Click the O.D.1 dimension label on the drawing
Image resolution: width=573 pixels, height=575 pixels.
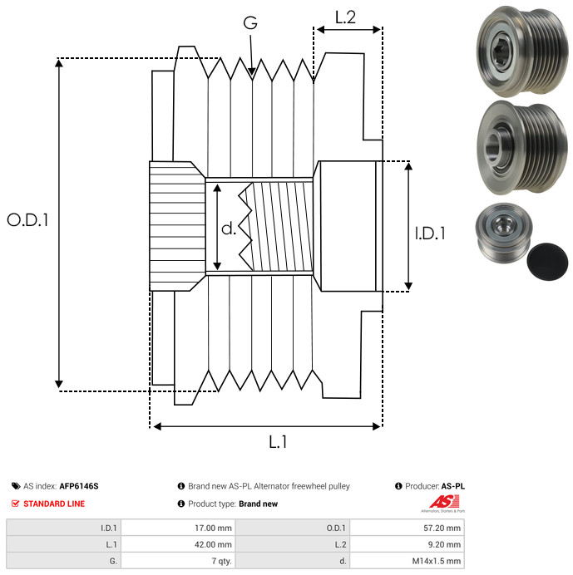tap(27, 220)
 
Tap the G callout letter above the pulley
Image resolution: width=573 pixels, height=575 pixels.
tap(250, 22)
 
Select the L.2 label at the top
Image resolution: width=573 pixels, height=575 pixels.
tap(345, 17)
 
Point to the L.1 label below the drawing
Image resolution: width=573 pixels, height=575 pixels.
tap(278, 442)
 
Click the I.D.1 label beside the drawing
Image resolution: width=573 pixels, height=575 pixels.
tap(430, 233)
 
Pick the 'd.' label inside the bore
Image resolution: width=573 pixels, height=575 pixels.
tap(229, 229)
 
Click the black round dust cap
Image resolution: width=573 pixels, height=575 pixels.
tap(547, 262)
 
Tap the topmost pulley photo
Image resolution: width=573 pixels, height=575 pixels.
tap(522, 51)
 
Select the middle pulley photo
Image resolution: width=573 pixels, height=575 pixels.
tap(522, 147)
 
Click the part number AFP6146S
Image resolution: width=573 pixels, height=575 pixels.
tap(79, 486)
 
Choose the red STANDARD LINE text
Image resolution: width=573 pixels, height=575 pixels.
tap(54, 504)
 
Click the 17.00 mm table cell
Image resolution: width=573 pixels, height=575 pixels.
tap(179, 528)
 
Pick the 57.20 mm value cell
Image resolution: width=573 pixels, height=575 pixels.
tap(407, 528)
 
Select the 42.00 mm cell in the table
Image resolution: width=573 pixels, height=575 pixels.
tap(179, 544)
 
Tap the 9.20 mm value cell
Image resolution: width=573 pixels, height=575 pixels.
tap(407, 544)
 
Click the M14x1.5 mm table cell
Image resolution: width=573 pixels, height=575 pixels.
tap(407, 561)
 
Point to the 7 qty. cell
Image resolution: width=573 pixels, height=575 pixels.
tap(179, 561)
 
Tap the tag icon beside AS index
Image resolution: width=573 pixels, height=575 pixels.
tap(16, 486)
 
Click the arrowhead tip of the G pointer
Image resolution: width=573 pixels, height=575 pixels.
tap(252, 76)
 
